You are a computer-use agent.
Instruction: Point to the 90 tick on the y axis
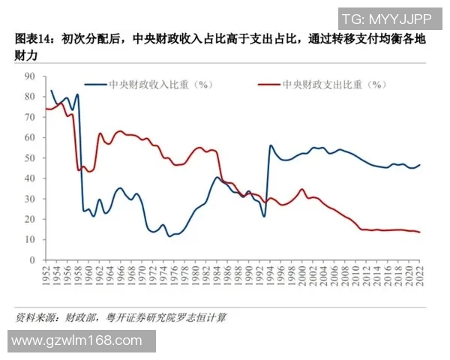click(31, 76)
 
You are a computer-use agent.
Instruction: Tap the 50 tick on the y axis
click(31, 158)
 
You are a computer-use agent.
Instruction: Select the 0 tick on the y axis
click(33, 260)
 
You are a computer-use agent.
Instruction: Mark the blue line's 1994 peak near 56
click(271, 145)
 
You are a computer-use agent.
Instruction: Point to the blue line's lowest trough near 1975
click(170, 235)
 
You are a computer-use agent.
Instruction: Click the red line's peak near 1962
click(100, 133)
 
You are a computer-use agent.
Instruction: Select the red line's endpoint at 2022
click(419, 232)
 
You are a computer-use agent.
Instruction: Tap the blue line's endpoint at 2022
click(419, 165)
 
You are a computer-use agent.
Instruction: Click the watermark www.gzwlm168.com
click(77, 340)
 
